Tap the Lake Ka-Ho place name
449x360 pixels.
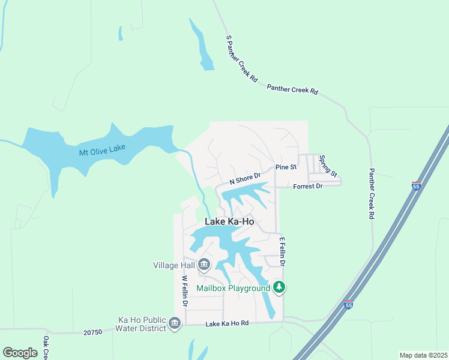pos(229,221)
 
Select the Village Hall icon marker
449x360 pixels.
pos(204,264)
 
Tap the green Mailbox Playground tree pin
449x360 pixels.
pos(279,288)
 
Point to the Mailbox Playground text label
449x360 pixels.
pos(234,288)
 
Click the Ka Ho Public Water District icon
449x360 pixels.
pos(175,324)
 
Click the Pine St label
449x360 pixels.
pos(286,167)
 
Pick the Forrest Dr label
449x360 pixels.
pos(308,187)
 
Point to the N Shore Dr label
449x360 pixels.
pos(245,178)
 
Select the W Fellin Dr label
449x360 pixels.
pos(185,292)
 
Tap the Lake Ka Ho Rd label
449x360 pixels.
pos(227,324)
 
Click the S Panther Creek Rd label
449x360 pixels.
pos(241,58)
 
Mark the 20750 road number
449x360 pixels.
pos(94,331)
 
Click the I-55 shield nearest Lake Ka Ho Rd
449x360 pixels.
pos(348,305)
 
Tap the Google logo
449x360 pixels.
pos(20,353)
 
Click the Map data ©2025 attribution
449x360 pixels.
pos(423,355)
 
